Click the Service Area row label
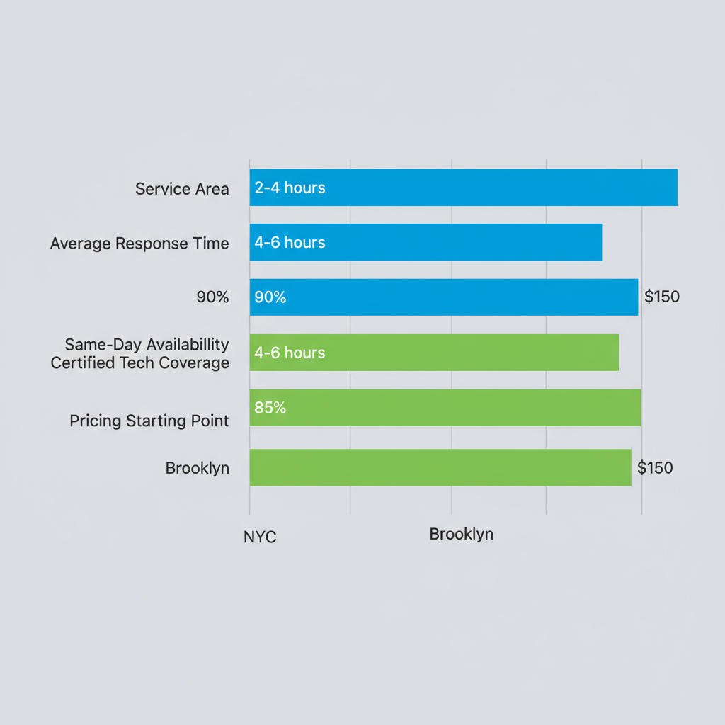(182, 189)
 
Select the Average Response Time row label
(139, 244)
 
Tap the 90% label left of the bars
(212, 297)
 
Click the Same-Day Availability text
(147, 345)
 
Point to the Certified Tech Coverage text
(139, 363)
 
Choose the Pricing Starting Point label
(149, 421)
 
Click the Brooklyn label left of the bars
(197, 468)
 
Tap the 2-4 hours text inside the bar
(290, 188)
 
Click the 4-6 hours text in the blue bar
(290, 242)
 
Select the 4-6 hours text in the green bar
(290, 353)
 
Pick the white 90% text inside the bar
(270, 297)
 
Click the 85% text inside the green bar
(270, 408)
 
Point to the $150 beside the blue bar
(661, 297)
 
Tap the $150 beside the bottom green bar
(655, 468)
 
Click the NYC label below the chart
(260, 537)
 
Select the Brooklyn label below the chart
(461, 534)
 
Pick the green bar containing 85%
(460, 408)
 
